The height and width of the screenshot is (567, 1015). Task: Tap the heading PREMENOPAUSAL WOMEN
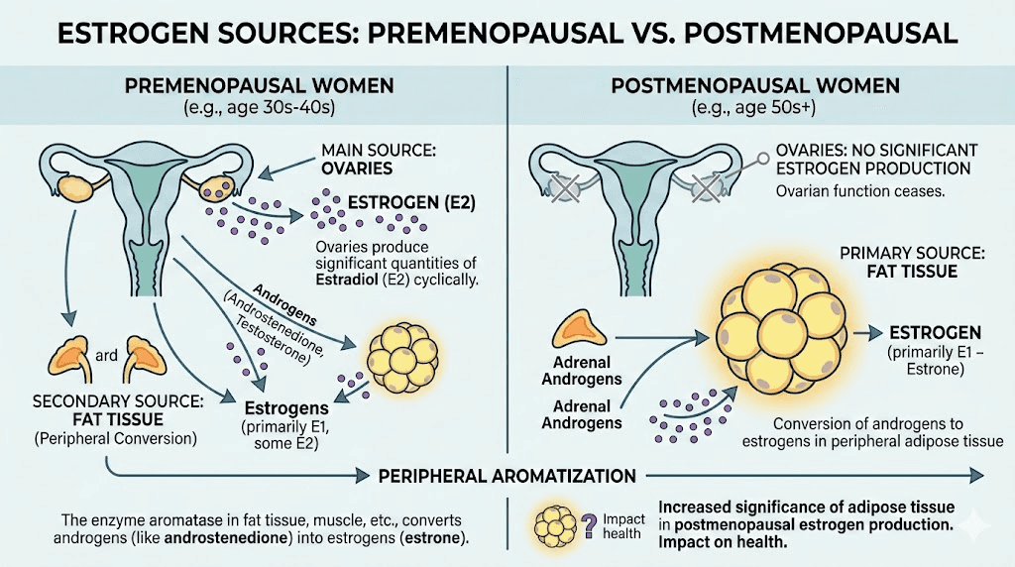(x=259, y=86)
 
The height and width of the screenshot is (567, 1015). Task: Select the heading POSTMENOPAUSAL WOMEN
(x=755, y=86)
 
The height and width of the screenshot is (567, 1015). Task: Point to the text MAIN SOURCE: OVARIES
(x=364, y=160)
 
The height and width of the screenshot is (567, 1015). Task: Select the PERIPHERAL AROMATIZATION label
(x=507, y=476)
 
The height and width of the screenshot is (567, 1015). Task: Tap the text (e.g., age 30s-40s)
(x=259, y=106)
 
